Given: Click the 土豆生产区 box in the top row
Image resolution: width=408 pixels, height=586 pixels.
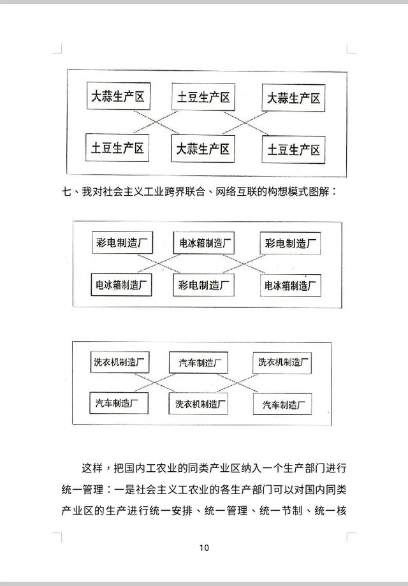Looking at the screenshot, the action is point(203,97).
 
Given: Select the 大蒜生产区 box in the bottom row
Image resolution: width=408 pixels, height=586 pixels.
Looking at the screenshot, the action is point(203,149).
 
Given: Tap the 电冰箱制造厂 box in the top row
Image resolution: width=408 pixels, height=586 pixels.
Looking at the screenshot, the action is point(204,243).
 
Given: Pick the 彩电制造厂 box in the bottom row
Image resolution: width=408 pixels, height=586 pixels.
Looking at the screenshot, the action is point(203,285).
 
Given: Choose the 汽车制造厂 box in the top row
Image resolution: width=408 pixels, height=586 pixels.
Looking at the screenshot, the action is point(198,363).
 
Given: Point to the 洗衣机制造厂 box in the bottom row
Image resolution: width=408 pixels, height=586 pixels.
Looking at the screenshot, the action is point(198,404).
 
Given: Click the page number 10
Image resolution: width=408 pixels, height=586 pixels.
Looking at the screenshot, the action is point(204,548).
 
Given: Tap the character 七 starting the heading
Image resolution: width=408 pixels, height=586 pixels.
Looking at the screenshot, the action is point(66,192).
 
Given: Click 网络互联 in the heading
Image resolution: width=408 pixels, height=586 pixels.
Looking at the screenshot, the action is point(236,192).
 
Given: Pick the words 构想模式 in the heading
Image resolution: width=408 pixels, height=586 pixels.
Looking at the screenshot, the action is point(288,192).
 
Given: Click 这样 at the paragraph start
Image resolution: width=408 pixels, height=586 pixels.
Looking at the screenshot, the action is point(92,468).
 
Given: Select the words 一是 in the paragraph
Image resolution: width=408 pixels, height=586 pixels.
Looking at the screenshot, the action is point(124,489).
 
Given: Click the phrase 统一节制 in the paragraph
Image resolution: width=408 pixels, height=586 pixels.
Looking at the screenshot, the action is point(281,511).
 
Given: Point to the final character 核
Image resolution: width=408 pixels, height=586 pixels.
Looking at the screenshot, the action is point(342,511).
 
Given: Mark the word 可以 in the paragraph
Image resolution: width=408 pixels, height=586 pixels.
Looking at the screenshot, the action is point(284,489).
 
